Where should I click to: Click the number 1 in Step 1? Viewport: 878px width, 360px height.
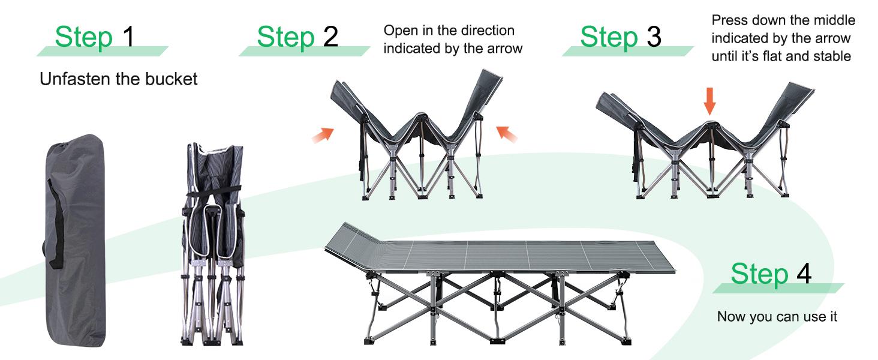click(x=128, y=37)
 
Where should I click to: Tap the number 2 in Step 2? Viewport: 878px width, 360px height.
click(x=330, y=37)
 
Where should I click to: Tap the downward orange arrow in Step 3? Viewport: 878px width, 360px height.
click(x=709, y=101)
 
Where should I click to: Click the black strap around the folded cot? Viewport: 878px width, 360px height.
click(x=213, y=193)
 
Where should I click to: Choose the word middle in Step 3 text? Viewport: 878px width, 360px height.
click(x=835, y=20)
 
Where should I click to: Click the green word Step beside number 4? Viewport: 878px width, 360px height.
click(x=759, y=274)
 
